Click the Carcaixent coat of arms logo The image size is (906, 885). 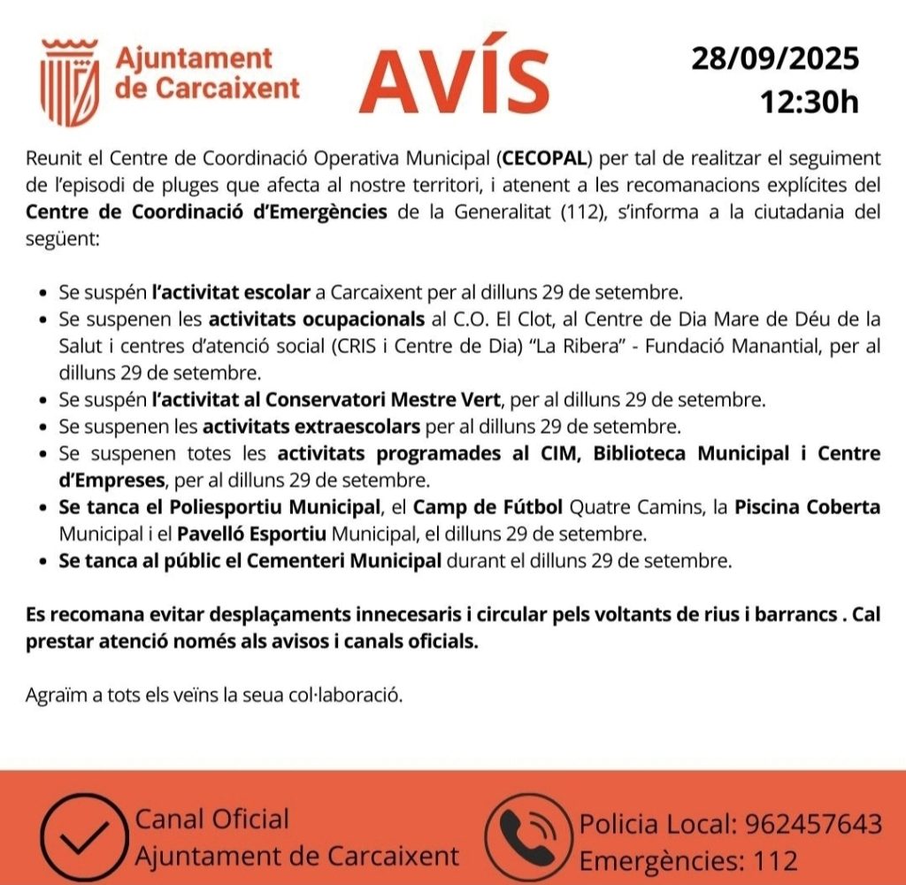pos(71,81)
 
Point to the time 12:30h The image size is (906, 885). pos(810,102)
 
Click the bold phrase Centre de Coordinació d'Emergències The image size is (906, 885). pos(206,213)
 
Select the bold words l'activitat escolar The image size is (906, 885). pos(231,291)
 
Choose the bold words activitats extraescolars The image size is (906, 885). pos(311,427)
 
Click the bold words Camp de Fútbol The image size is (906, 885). pos(488,508)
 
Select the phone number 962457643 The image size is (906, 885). pos(814,824)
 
